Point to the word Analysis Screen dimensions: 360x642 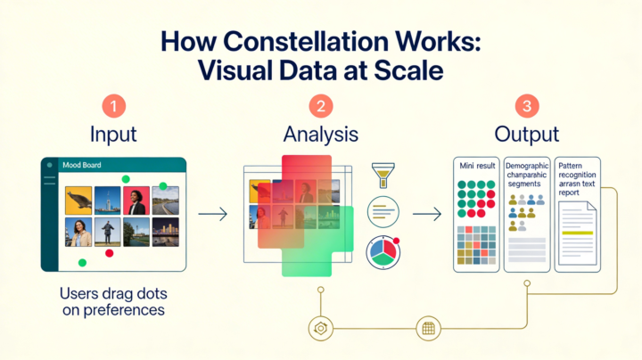click(320, 135)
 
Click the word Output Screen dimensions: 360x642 click(529, 135)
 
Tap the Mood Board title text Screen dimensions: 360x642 click(81, 165)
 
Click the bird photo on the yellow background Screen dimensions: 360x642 click(79, 200)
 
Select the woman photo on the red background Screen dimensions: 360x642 click(136, 200)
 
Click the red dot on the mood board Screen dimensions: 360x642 click(110, 254)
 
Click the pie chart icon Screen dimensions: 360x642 click(383, 251)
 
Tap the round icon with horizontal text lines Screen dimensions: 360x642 click(383, 212)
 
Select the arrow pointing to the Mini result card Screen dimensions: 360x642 click(428, 214)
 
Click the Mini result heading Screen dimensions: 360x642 click(475, 167)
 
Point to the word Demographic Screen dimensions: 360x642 click(527, 166)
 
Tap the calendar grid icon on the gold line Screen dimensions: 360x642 click(428, 328)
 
